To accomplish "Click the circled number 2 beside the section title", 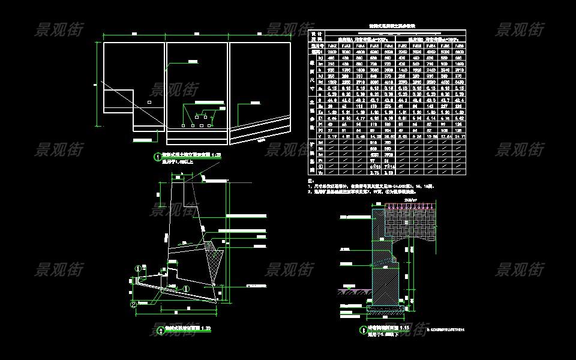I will [160, 329].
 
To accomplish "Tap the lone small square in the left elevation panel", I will [149, 103].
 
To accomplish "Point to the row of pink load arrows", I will [411, 206].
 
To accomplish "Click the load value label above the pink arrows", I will [411, 200].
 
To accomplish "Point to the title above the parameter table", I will [387, 27].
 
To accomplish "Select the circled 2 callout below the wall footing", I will [134, 304].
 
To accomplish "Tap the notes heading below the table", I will [311, 181].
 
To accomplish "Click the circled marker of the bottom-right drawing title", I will [362, 329].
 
